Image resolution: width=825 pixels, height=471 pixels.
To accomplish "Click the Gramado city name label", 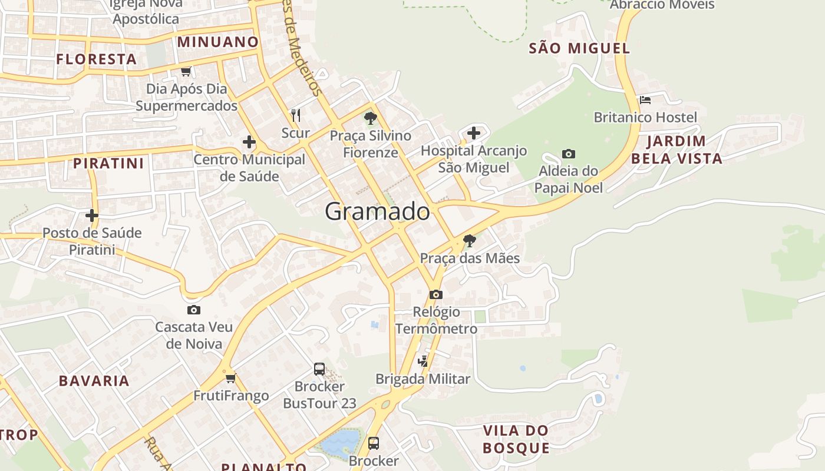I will pos(377,211).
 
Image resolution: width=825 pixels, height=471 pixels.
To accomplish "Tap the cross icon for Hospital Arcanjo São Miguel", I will pos(473,133).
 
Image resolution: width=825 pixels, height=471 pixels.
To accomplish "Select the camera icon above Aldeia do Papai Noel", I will pos(568,154).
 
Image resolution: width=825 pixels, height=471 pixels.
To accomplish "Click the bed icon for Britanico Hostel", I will pos(645,100).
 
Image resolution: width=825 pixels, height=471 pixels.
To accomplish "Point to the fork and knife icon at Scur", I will pos(296,115).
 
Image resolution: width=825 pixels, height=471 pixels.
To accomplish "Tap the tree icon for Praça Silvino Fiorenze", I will pos(370,118).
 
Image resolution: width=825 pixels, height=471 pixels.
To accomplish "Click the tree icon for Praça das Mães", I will pos(469,240).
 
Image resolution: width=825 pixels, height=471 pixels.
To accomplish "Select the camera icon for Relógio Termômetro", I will pos(435,294).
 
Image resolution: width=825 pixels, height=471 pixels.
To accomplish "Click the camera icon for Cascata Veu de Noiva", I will pos(193,310).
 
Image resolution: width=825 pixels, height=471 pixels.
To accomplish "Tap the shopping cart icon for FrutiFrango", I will pos(230,378).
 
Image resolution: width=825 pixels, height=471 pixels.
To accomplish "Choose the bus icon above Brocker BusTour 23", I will pos(319,369).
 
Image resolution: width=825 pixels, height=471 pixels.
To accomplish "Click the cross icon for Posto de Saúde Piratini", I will pos(92,215).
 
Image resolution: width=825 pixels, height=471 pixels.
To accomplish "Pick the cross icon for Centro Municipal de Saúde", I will pos(249,142).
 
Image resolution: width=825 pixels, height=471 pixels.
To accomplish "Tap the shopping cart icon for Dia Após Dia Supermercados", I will pos(186,71).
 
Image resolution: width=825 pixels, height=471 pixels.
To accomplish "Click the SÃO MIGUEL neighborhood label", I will pos(579,48).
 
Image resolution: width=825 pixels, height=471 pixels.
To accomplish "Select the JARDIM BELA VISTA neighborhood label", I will pos(676,150).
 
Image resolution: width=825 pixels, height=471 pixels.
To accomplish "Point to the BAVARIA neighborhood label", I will pos(94,380).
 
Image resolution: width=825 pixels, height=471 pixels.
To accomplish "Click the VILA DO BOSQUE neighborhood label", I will pos(516,439).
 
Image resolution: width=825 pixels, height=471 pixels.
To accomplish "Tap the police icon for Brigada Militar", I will pos(423,361).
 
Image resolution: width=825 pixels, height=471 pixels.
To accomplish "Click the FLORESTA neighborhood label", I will pos(97,59).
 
